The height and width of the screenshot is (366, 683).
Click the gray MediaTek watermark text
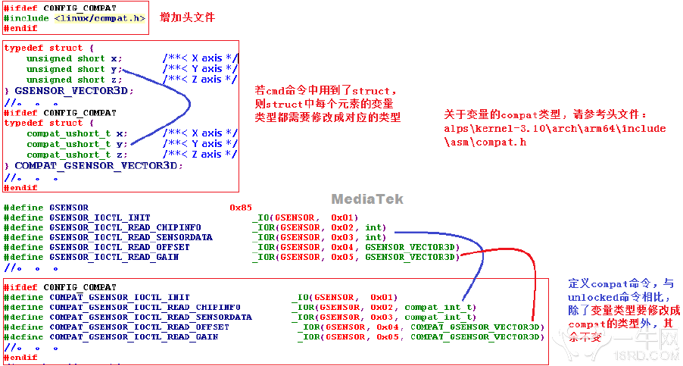click(367, 199)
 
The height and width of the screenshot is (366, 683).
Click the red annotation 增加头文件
click(187, 17)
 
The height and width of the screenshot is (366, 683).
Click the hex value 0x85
click(241, 207)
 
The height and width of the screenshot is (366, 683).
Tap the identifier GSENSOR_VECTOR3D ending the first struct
click(73, 90)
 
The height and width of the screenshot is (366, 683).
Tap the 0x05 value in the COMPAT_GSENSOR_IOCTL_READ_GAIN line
click(385, 336)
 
